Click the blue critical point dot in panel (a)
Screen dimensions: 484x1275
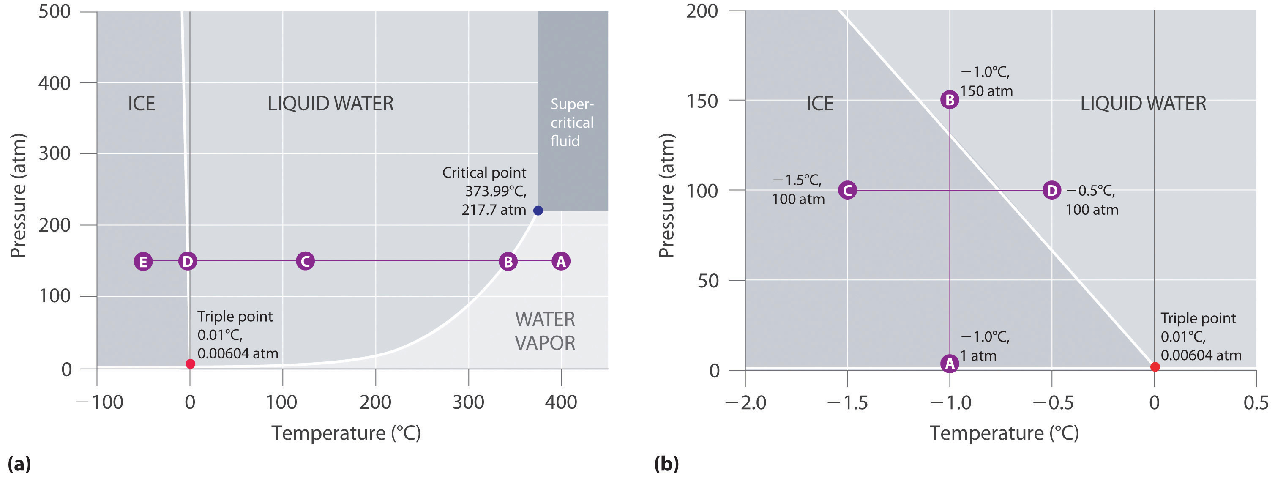pyautogui.click(x=538, y=211)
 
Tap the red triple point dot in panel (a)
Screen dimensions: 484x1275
pyautogui.click(x=190, y=364)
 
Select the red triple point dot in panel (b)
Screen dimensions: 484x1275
pyautogui.click(x=1155, y=367)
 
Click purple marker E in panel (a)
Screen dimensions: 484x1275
pyautogui.click(x=143, y=261)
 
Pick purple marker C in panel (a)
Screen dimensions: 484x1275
pyautogui.click(x=306, y=261)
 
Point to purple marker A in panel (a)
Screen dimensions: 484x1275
pyautogui.click(x=561, y=261)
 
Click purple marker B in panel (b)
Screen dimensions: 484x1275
pyautogui.click(x=949, y=99)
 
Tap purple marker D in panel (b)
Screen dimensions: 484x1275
pyautogui.click(x=1051, y=190)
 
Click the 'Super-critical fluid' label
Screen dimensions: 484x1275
pyautogui.click(x=572, y=122)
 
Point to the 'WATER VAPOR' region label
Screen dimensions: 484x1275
pyautogui.click(x=545, y=331)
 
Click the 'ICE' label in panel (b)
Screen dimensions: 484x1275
pyautogui.click(x=820, y=104)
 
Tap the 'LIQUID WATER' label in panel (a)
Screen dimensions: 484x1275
pyautogui.click(x=330, y=104)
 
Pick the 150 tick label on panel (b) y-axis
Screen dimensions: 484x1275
pyautogui.click(x=702, y=101)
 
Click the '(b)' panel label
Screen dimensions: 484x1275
pyautogui.click(x=666, y=464)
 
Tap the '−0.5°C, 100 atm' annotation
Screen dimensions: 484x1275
pyautogui.click(x=1091, y=200)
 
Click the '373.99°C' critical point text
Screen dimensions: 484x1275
pyautogui.click(x=495, y=191)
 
